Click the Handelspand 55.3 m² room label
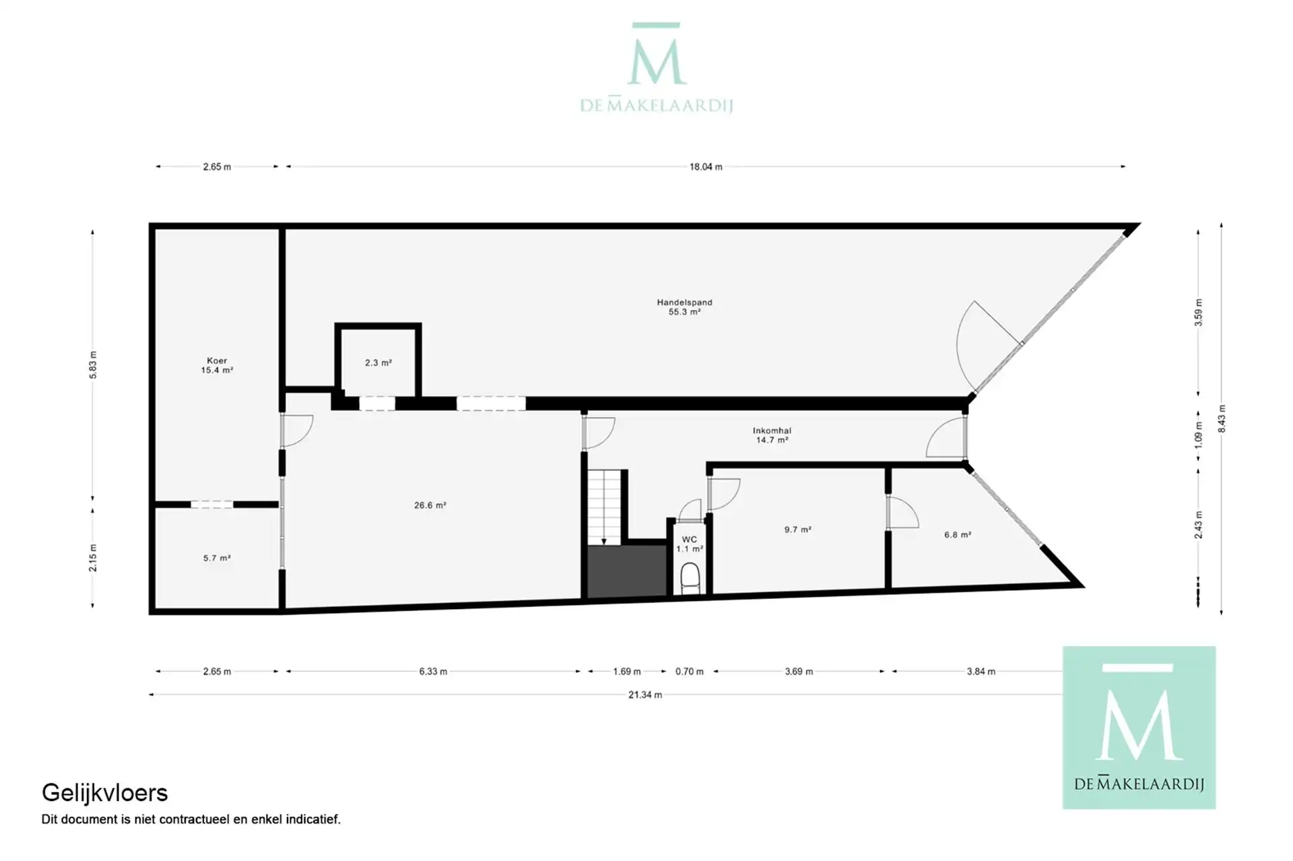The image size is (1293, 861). [x=684, y=307]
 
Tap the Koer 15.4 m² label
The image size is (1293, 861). [x=217, y=365]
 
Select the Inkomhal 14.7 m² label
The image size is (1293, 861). [x=772, y=435]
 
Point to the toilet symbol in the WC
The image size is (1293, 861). [x=690, y=578]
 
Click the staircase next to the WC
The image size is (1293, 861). [x=604, y=507]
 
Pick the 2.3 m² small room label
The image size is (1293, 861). [x=378, y=362]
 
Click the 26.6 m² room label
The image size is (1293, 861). [x=430, y=505]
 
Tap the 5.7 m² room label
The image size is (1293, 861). [x=217, y=558]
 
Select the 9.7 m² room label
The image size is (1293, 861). [x=797, y=530]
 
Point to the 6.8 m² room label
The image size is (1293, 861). [x=957, y=535]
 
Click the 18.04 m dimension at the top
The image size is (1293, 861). [x=705, y=166]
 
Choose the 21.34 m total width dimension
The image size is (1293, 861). [x=644, y=695]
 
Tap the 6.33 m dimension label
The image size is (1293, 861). [x=433, y=672]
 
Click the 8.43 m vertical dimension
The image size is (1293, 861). [x=1222, y=418]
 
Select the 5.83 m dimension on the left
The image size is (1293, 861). [x=93, y=364]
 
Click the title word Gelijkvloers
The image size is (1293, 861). [x=104, y=793]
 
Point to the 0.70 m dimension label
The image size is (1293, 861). [x=689, y=672]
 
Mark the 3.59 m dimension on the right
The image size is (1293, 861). [x=1198, y=313]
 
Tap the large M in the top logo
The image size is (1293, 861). [x=657, y=62]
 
